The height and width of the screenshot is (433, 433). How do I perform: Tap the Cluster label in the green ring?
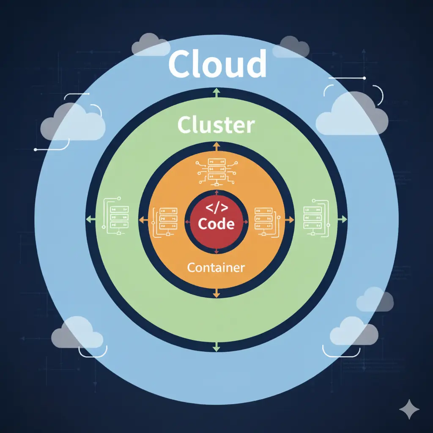[x=216, y=126]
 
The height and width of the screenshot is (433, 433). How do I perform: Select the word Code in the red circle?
[x=216, y=223]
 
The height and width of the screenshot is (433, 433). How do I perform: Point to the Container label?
[x=216, y=268]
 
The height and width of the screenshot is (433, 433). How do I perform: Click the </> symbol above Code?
[x=216, y=208]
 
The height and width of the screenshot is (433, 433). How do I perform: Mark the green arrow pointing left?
[x=89, y=219]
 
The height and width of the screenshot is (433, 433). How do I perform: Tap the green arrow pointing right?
[x=343, y=219]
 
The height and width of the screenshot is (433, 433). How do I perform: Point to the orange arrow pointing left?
[x=143, y=220]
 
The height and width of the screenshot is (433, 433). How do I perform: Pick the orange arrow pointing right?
[x=290, y=220]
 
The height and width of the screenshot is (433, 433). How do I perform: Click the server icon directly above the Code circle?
[x=216, y=172]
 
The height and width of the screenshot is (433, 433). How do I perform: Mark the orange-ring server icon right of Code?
[x=265, y=221]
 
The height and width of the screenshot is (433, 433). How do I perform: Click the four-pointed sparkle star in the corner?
[x=409, y=409]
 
